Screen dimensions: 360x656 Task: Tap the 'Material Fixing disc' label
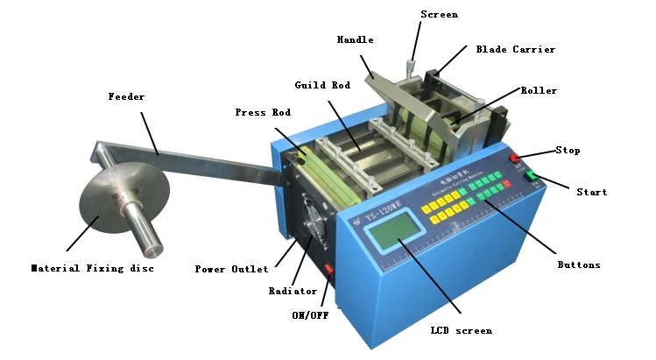[92, 268]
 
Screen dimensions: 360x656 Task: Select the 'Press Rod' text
[263, 112]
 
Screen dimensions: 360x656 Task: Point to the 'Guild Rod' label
[322, 85]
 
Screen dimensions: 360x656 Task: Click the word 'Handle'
[356, 39]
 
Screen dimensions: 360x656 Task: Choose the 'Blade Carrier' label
[515, 50]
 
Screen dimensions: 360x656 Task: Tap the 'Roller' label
[539, 90]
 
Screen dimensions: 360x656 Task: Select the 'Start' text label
[591, 191]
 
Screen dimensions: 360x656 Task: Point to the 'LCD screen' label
[462, 330]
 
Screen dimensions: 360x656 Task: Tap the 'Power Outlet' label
[231, 269]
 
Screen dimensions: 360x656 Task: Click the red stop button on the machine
[517, 159]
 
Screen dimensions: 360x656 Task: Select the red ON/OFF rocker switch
[329, 268]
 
